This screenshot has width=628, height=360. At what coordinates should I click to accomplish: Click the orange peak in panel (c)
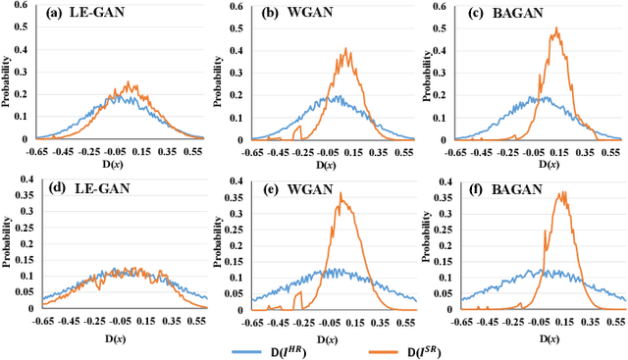556,28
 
